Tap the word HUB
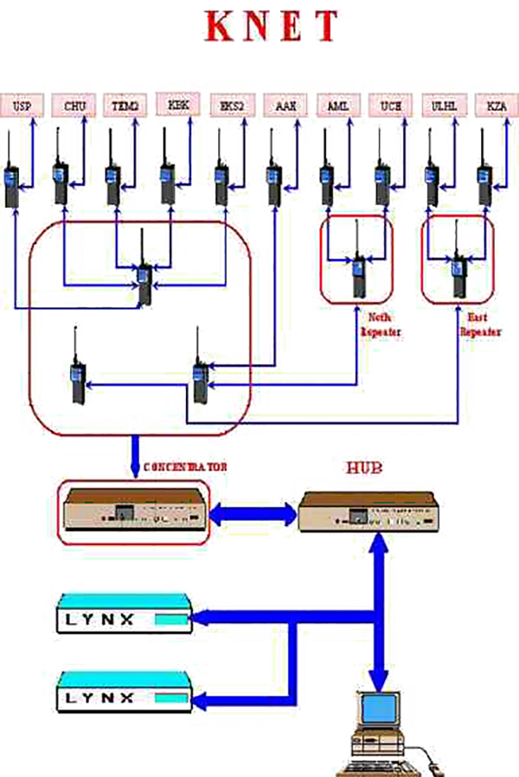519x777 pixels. tap(357, 468)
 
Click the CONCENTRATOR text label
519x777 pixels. tap(185, 467)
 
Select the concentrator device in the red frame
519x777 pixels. tap(133, 513)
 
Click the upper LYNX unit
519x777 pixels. tap(123, 619)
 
